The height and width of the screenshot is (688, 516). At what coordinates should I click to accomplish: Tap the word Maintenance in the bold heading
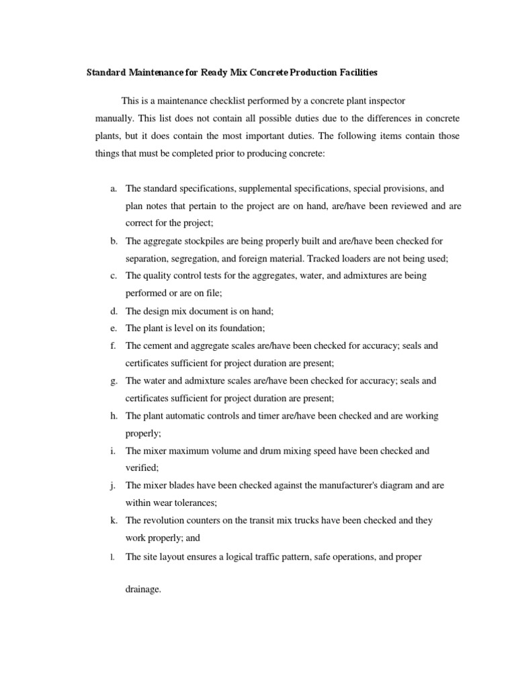point(157,72)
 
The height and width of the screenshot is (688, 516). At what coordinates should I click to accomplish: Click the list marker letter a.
point(114,189)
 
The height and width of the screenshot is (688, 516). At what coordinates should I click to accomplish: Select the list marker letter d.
point(114,310)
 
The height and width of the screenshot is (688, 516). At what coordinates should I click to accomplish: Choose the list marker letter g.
point(114,381)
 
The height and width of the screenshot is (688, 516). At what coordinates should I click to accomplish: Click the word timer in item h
point(262,416)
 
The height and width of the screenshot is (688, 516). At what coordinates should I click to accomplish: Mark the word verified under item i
point(142,468)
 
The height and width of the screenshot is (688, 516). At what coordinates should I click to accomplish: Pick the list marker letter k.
point(114,521)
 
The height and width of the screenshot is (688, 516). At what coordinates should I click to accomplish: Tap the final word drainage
point(142,591)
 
